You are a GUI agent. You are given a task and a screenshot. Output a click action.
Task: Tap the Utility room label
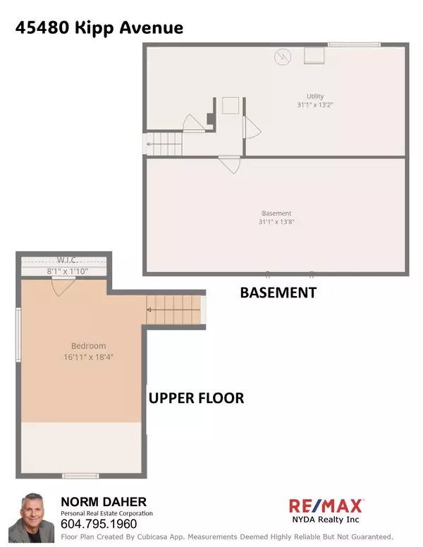click(314, 97)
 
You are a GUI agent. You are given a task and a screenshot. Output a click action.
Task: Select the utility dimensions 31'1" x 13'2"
click(314, 105)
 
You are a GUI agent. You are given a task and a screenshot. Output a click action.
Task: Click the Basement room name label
click(276, 214)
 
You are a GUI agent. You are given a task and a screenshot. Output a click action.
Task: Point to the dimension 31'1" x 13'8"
click(276, 222)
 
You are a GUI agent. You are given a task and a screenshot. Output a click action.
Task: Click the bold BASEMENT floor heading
click(278, 292)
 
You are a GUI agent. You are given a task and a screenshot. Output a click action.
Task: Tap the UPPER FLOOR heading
click(196, 398)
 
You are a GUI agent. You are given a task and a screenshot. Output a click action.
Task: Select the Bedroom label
click(88, 346)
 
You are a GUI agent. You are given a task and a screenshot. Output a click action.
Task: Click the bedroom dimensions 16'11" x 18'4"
click(88, 357)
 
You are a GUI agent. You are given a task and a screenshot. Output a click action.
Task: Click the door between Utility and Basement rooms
click(228, 164)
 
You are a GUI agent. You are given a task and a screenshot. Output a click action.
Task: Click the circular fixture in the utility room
click(282, 55)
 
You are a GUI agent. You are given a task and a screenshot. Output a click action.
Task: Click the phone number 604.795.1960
click(98, 524)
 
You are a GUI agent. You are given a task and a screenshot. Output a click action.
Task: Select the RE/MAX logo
click(326, 505)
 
